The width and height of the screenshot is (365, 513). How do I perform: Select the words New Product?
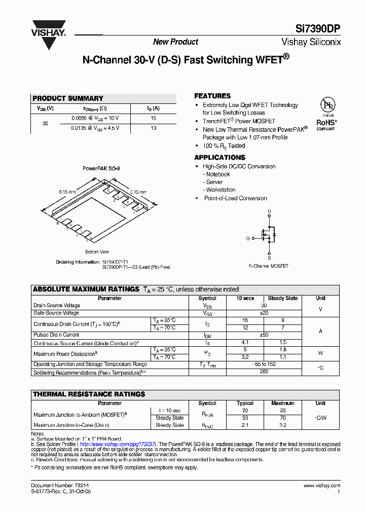point(175,42)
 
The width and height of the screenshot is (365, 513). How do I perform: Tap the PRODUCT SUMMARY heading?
point(68,98)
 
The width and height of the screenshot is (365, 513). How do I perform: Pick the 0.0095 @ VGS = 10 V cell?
point(94,118)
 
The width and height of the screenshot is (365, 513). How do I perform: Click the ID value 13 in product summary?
point(153,128)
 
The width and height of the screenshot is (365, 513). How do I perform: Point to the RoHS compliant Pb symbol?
point(327,105)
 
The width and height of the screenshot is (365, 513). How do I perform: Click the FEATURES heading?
point(212,96)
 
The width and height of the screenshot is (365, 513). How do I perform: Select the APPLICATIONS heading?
point(220,158)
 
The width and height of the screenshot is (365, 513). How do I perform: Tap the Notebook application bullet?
point(217,174)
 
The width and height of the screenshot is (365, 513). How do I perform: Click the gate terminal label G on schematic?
point(248,238)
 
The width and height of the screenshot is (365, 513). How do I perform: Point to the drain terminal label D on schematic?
point(269,211)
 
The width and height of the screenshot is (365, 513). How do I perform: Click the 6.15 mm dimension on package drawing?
point(67,192)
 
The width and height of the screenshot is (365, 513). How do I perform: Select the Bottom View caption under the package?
point(97,252)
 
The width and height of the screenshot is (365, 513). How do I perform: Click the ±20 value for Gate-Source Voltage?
point(264,313)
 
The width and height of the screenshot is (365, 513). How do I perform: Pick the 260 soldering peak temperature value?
point(264,372)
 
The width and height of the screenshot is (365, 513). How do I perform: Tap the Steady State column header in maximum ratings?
point(282,299)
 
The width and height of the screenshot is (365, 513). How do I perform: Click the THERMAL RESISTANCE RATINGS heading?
point(89,394)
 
